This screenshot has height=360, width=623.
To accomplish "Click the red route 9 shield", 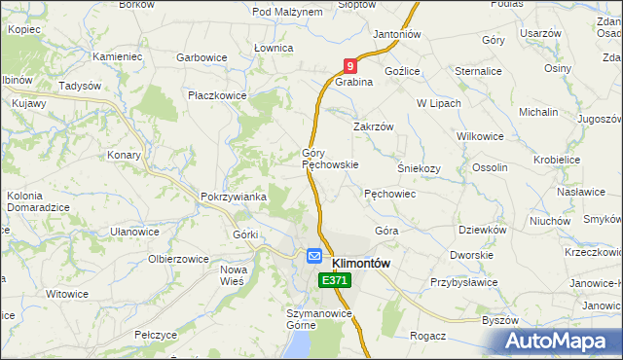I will tap(350, 65).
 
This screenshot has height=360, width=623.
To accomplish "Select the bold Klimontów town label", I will tap(361, 263).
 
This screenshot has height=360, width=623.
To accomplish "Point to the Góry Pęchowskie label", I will tap(330, 159).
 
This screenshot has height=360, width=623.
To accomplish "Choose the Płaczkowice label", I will tap(218, 95).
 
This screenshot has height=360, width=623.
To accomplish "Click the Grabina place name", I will tap(355, 83).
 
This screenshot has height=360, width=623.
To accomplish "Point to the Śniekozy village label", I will tap(420, 167).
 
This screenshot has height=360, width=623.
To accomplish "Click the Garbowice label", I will tap(202, 57).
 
